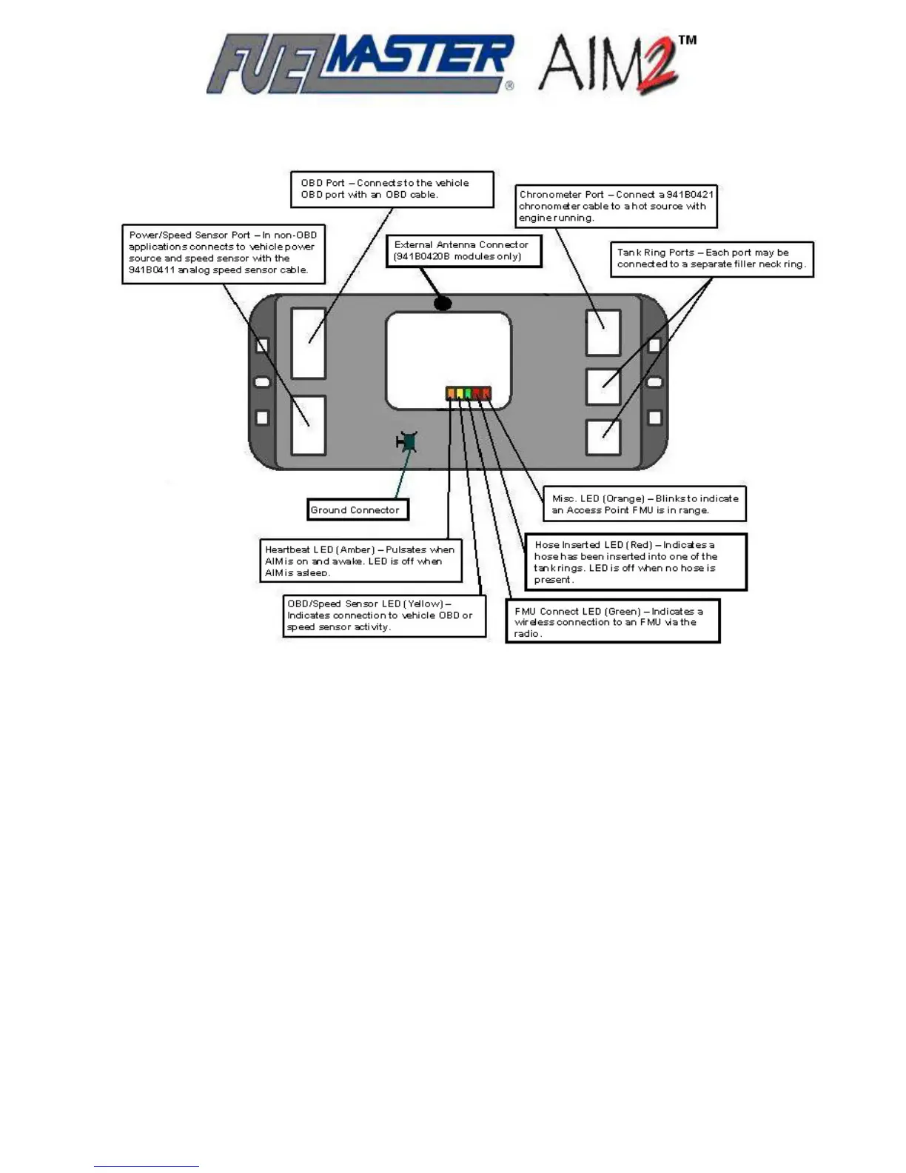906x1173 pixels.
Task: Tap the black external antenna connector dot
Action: coord(443,303)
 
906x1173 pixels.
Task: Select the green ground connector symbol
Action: coord(407,442)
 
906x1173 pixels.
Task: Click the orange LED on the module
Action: coord(451,393)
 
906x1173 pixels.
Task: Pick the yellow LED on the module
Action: coord(460,393)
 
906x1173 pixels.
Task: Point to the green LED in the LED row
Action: coord(469,393)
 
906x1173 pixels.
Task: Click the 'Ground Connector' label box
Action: coord(358,509)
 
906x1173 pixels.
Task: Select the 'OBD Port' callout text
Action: coord(392,189)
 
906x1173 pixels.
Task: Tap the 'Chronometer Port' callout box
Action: coord(616,206)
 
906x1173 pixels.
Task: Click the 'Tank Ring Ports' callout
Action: coord(711,258)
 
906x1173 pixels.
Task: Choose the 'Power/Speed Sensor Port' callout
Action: coord(223,253)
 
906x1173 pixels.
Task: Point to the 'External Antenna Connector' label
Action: coord(463,250)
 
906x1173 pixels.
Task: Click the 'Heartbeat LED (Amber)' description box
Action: coord(360,561)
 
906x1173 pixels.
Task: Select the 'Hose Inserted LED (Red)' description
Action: coord(635,562)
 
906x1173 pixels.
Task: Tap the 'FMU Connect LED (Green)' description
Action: coord(612,621)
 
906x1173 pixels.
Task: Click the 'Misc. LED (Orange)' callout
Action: coord(644,504)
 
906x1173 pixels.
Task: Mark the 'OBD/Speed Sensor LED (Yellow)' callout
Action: coord(384,615)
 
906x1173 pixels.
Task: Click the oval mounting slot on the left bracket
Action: coord(262,381)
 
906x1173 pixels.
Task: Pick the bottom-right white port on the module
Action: coord(603,437)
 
